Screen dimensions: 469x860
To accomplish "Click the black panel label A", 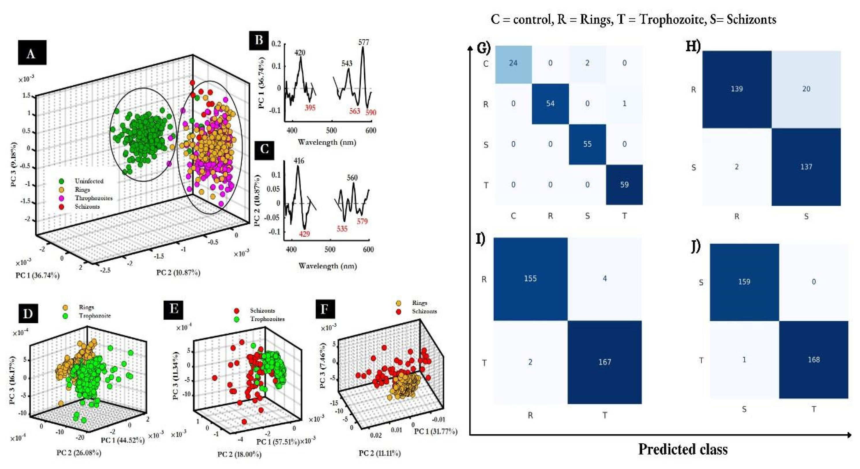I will point(32,53).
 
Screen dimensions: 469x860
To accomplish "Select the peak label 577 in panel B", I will point(364,42).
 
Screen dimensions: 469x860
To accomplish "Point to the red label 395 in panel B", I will point(310,108).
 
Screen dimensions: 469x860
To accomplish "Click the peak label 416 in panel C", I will point(299,161).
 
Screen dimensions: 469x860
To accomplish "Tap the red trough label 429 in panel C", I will point(304,234).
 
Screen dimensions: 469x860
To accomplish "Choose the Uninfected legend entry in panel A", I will point(89,181).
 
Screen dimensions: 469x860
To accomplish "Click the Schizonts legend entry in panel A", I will point(87,206).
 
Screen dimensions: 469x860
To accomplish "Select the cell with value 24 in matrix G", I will point(513,63).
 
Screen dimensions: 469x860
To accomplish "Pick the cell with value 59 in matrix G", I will point(624,184).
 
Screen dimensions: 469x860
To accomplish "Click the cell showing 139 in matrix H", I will point(737,89).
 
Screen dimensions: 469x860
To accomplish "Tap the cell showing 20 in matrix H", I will point(806,89).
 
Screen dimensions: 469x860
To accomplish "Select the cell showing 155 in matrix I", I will point(530,278).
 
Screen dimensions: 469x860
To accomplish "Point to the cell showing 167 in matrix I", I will point(605,362).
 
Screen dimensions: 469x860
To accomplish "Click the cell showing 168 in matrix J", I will point(814,359).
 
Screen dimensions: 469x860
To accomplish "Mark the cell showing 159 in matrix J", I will point(744,282).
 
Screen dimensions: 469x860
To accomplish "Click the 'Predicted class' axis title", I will point(683,449).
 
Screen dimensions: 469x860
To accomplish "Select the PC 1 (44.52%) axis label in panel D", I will point(123,440).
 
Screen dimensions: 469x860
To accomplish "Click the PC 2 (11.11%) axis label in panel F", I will point(380,453).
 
